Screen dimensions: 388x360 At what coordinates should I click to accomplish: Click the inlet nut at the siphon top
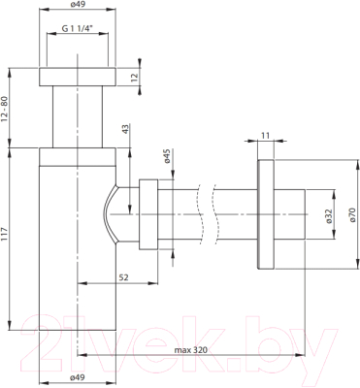[78, 78]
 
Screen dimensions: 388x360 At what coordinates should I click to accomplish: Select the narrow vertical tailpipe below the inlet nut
[78, 118]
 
